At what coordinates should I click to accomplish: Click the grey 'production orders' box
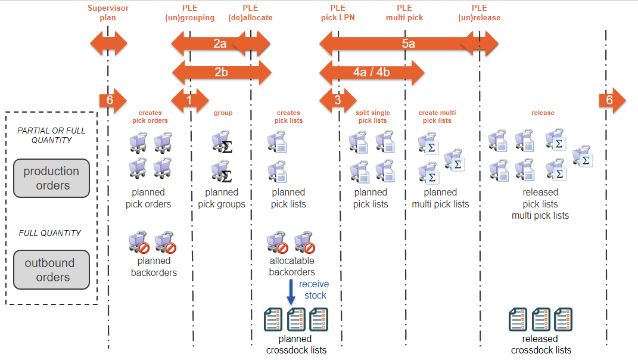pyautogui.click(x=52, y=178)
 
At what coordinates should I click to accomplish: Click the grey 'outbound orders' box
pyautogui.click(x=52, y=269)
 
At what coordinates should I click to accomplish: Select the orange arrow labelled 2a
pyautogui.click(x=220, y=44)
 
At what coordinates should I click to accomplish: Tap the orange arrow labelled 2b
pyautogui.click(x=221, y=72)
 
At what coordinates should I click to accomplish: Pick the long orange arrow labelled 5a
pyautogui.click(x=408, y=44)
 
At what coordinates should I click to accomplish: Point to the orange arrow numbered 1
pyautogui.click(x=189, y=100)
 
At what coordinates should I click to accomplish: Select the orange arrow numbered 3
pyautogui.click(x=337, y=100)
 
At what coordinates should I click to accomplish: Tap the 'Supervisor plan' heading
pyautogui.click(x=108, y=13)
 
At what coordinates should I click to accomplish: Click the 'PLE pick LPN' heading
pyautogui.click(x=337, y=13)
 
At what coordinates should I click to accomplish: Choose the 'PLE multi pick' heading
pyautogui.click(x=404, y=13)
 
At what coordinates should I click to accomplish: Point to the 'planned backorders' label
pyautogui.click(x=154, y=267)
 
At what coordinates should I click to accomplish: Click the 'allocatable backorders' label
pyautogui.click(x=292, y=266)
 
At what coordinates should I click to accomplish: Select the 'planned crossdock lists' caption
pyautogui.click(x=296, y=345)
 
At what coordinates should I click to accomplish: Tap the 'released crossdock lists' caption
pyautogui.click(x=541, y=345)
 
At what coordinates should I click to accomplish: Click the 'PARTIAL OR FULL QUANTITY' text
pyautogui.click(x=51, y=135)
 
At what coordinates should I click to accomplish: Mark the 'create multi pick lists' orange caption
pyautogui.click(x=437, y=116)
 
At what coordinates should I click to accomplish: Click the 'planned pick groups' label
pyautogui.click(x=222, y=198)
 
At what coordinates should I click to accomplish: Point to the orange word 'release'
pyautogui.click(x=543, y=113)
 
